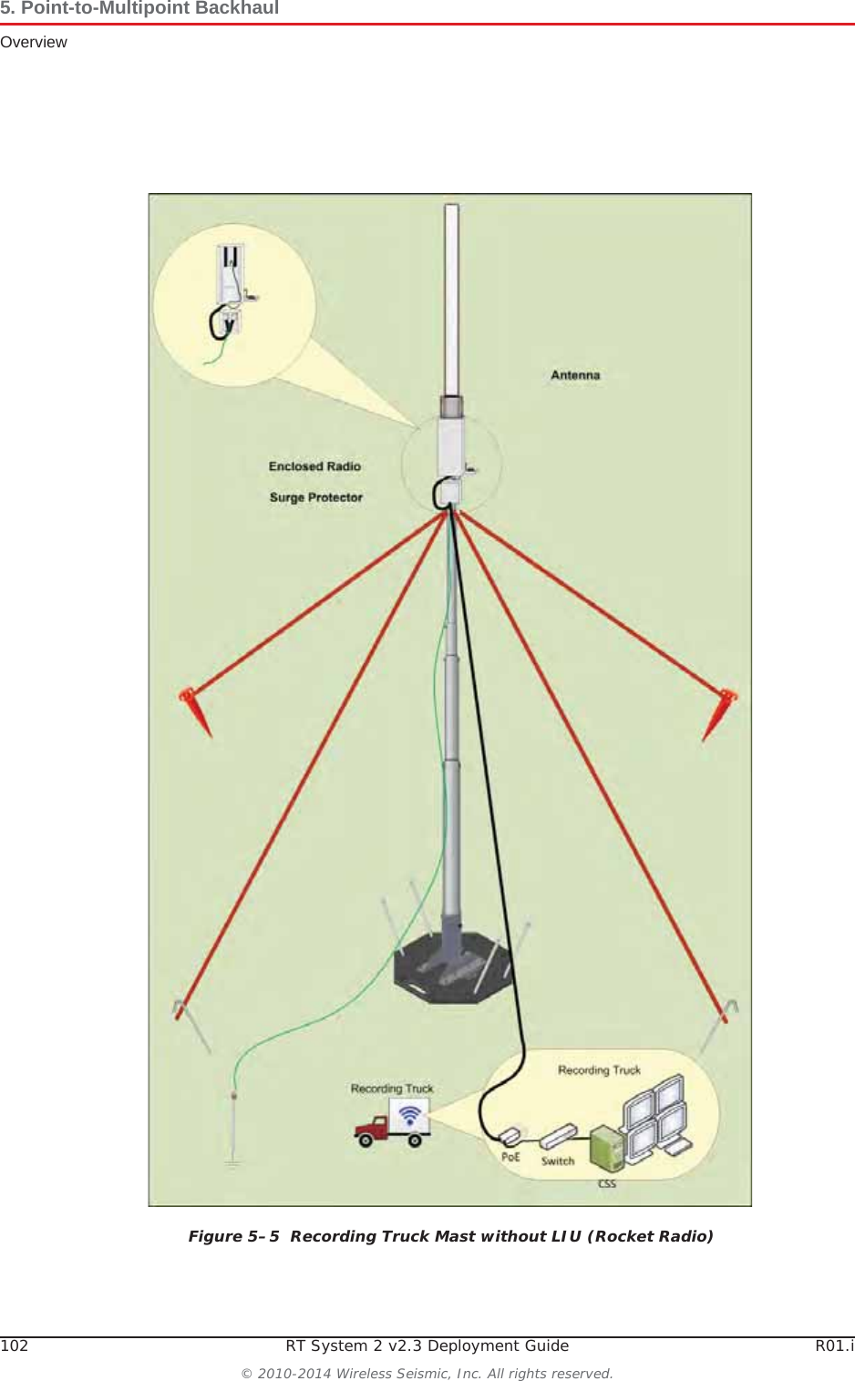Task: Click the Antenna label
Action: [x=575, y=375]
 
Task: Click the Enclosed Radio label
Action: [x=314, y=466]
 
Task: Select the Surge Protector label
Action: [x=315, y=497]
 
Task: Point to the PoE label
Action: [x=510, y=1157]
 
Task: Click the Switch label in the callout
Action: [x=558, y=1161]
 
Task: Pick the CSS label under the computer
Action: [x=606, y=1183]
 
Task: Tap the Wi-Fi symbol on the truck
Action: [x=410, y=1115]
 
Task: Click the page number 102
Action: [x=15, y=1345]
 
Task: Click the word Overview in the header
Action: [x=34, y=42]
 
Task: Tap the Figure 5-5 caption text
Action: [x=450, y=1236]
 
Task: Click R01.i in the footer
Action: [x=834, y=1345]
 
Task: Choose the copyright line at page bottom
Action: [x=427, y=1373]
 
